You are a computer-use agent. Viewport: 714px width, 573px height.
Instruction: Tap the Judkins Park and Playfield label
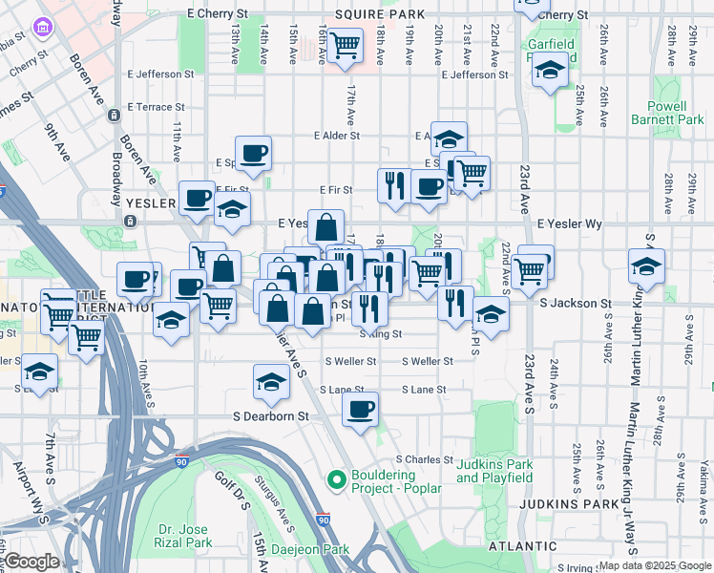(x=493, y=472)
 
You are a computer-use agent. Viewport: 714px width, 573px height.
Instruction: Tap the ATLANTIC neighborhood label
(x=521, y=546)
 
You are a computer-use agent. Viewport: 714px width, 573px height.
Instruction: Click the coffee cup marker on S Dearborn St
(x=360, y=411)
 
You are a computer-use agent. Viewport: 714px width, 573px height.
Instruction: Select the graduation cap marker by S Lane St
(x=271, y=383)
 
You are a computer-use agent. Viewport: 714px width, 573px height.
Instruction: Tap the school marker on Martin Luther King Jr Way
(x=646, y=266)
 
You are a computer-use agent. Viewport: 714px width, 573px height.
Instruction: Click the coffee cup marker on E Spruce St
(x=253, y=154)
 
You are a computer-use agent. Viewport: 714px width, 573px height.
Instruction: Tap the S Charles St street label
(x=424, y=459)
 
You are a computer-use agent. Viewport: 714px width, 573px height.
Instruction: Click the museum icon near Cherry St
(x=42, y=28)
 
